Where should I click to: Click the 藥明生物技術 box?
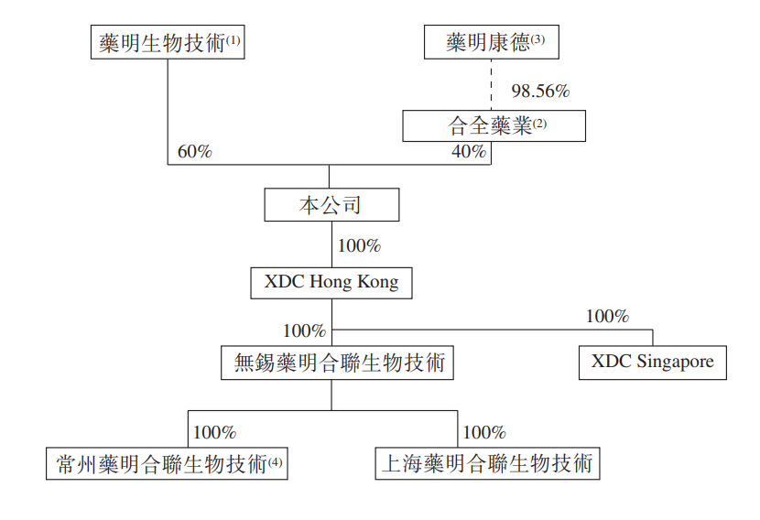click(168, 42)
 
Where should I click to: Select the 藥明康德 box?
click(492, 42)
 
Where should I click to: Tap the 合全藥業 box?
click(494, 126)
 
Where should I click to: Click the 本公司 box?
click(331, 205)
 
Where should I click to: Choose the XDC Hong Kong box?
click(331, 283)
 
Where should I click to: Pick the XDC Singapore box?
click(652, 363)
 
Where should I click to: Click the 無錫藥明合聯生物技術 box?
click(337, 363)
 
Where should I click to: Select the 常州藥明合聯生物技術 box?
click(167, 464)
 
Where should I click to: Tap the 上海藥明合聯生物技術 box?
click(488, 464)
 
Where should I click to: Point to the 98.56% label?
click(540, 91)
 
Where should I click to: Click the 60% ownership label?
click(195, 151)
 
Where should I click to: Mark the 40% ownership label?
click(469, 151)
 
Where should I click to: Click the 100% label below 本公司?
click(359, 245)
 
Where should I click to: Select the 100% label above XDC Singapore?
click(607, 316)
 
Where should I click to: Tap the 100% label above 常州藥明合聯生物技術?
click(214, 432)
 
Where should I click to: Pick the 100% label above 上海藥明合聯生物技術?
click(484, 432)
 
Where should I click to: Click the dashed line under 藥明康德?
click(491, 85)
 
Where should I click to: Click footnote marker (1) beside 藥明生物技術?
click(233, 40)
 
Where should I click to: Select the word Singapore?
click(675, 362)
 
